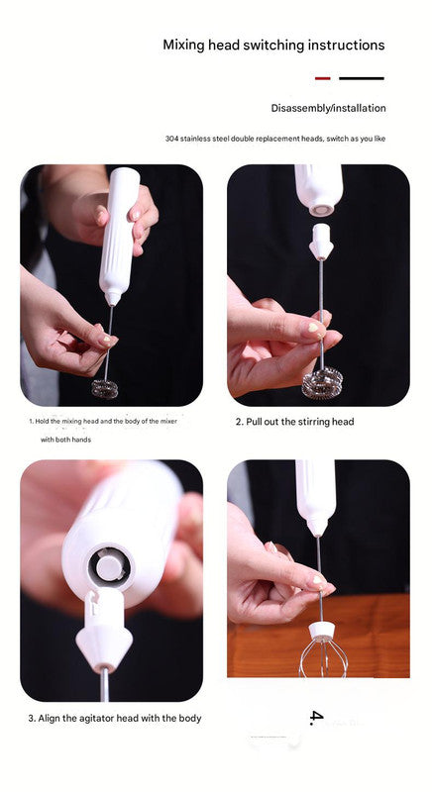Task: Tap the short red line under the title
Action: click(322, 77)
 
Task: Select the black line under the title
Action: click(361, 77)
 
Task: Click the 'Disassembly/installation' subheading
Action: click(328, 108)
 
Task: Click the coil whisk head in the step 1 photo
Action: click(104, 387)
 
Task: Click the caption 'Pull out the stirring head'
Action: click(294, 422)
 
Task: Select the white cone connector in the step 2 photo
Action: click(319, 241)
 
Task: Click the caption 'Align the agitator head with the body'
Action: click(114, 718)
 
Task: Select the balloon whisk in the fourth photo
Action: click(321, 657)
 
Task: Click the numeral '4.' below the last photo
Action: click(316, 717)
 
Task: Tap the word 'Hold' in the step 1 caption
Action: click(42, 422)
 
